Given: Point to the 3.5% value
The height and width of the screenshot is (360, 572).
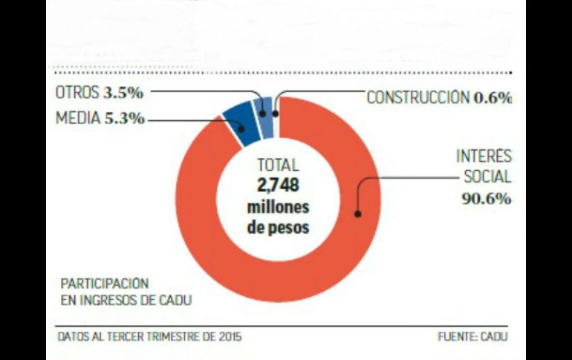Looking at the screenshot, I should (x=123, y=94).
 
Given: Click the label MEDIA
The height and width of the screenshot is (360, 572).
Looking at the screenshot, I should (x=77, y=119).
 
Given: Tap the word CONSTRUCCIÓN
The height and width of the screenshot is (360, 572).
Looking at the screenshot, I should (x=418, y=97).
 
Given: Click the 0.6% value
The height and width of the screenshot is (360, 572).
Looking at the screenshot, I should (x=493, y=97).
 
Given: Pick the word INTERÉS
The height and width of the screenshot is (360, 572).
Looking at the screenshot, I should (x=484, y=157).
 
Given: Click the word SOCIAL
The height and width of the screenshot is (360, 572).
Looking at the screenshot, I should (x=487, y=177).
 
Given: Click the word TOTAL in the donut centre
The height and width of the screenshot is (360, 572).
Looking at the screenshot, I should (x=277, y=166).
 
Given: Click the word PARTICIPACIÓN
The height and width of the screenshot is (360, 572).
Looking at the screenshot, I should (x=105, y=284).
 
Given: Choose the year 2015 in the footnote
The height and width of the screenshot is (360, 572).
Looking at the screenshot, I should (x=228, y=336).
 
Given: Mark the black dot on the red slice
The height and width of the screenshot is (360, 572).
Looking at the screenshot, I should (x=357, y=214).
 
